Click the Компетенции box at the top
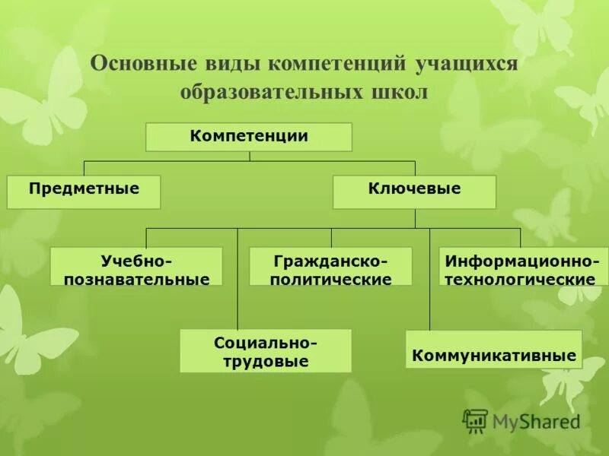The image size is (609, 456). click(249, 137)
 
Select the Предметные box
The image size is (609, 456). click(84, 192)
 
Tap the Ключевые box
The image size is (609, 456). click(414, 192)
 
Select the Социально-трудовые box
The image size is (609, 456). click(266, 351)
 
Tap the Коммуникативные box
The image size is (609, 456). click(493, 350)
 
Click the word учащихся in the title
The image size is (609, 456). click(466, 63)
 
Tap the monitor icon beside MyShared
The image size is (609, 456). click(475, 421)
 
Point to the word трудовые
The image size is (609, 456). click(266, 362)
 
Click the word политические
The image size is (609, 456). click(330, 279)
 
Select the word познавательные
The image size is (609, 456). click(136, 279)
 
